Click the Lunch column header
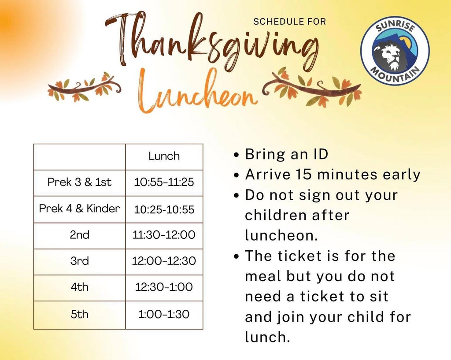164,156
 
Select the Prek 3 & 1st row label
79,182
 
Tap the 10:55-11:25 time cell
164,182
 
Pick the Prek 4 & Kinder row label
79,208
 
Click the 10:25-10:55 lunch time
164,209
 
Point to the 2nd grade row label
79,235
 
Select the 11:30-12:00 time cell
164,235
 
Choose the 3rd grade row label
79,261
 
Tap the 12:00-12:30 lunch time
164,261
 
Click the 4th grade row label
79,287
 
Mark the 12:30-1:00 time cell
164,287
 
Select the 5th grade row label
79,314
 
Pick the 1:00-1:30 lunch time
164,314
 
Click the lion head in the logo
389,55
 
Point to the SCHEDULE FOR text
290,21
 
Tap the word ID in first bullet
320,154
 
